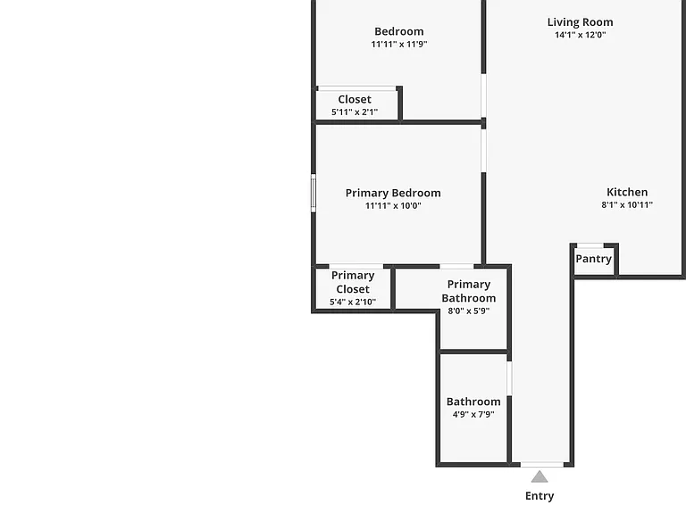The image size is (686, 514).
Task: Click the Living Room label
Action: [580, 21]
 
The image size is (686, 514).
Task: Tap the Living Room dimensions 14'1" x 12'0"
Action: [580, 35]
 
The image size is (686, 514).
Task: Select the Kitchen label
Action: [627, 192]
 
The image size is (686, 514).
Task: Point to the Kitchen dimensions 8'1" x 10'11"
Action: [627, 204]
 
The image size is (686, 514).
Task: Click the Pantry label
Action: [593, 259]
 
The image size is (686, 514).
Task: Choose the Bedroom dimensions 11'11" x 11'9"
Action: [399, 44]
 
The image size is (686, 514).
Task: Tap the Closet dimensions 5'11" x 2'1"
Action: [355, 112]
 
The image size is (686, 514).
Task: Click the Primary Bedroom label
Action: [393, 193]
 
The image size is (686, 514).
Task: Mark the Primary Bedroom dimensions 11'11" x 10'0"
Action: [393, 206]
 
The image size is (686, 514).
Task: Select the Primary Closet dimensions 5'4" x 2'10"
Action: [353, 302]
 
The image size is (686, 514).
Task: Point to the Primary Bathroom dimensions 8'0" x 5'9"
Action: [469, 311]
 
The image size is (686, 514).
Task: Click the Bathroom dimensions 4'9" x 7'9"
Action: [473, 414]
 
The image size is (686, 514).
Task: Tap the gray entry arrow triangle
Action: [540, 477]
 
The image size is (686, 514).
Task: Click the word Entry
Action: [540, 496]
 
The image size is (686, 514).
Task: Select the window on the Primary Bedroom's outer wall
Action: [314, 193]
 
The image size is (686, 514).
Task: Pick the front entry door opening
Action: [542, 464]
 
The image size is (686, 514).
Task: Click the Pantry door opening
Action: [590, 245]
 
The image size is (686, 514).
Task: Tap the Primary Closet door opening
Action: [356, 266]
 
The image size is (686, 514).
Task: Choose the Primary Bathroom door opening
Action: [456, 266]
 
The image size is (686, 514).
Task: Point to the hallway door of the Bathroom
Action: [509, 378]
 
